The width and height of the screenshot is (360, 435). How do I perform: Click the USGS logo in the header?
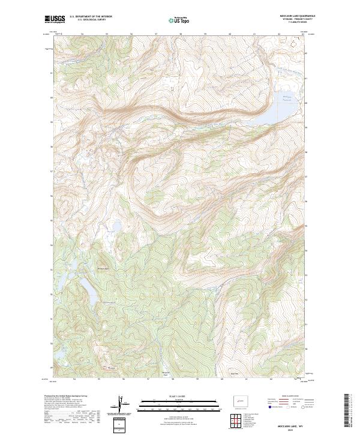pyautogui.click(x=55, y=19)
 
